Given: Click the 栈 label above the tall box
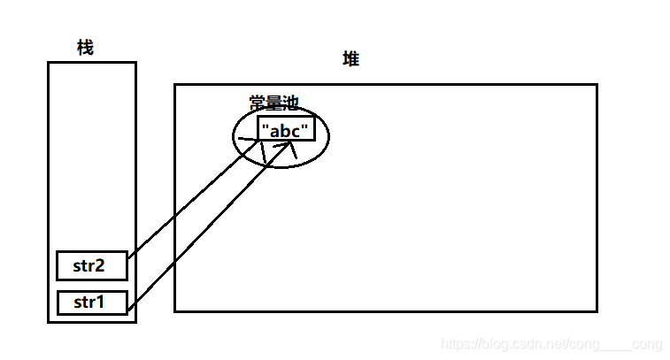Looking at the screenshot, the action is click(85, 49).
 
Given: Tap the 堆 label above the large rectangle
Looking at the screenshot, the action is click(351, 60).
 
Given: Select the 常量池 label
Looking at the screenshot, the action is click(273, 103).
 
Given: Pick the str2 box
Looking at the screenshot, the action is click(91, 265).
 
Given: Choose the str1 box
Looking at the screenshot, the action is click(91, 303).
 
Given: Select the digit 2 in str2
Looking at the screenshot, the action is click(104, 265).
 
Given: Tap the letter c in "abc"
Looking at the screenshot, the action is click(298, 131).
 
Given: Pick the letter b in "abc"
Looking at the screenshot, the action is click(287, 130).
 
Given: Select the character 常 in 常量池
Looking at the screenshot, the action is click(257, 103).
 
